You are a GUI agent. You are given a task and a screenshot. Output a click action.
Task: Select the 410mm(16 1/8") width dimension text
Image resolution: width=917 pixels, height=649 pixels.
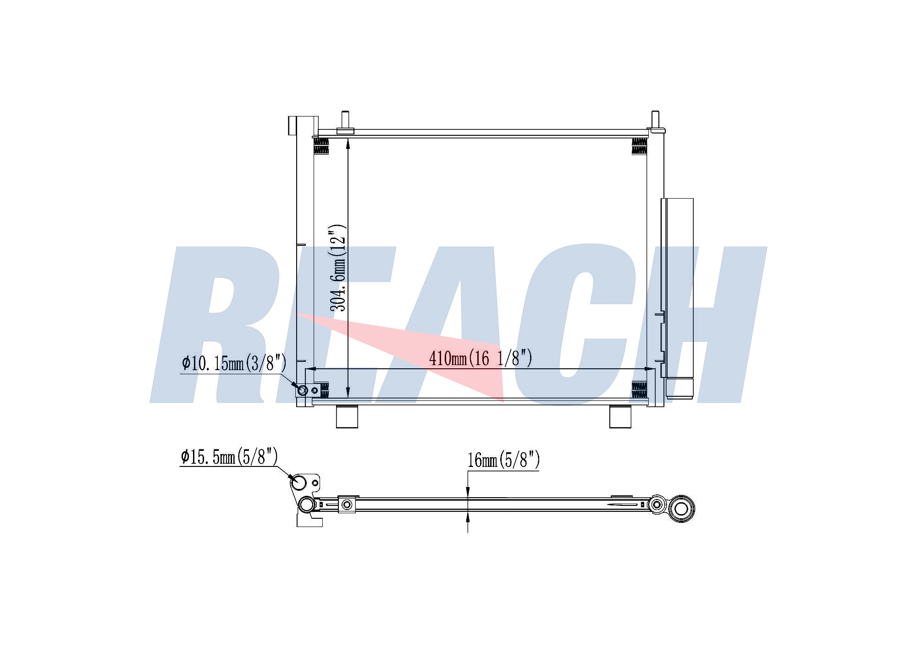(481, 358)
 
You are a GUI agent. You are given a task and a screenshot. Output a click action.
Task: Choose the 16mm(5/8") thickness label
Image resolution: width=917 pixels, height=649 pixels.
(503, 460)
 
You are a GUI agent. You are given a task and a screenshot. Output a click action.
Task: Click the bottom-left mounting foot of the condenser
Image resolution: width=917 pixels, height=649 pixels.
(347, 417)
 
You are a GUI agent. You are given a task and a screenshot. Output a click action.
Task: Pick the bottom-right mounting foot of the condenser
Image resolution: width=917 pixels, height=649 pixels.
(620, 417)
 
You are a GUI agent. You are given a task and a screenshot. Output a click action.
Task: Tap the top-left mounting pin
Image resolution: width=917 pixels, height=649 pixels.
(345, 122)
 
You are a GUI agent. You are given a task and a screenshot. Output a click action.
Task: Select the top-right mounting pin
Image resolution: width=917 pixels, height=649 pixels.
(655, 121)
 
